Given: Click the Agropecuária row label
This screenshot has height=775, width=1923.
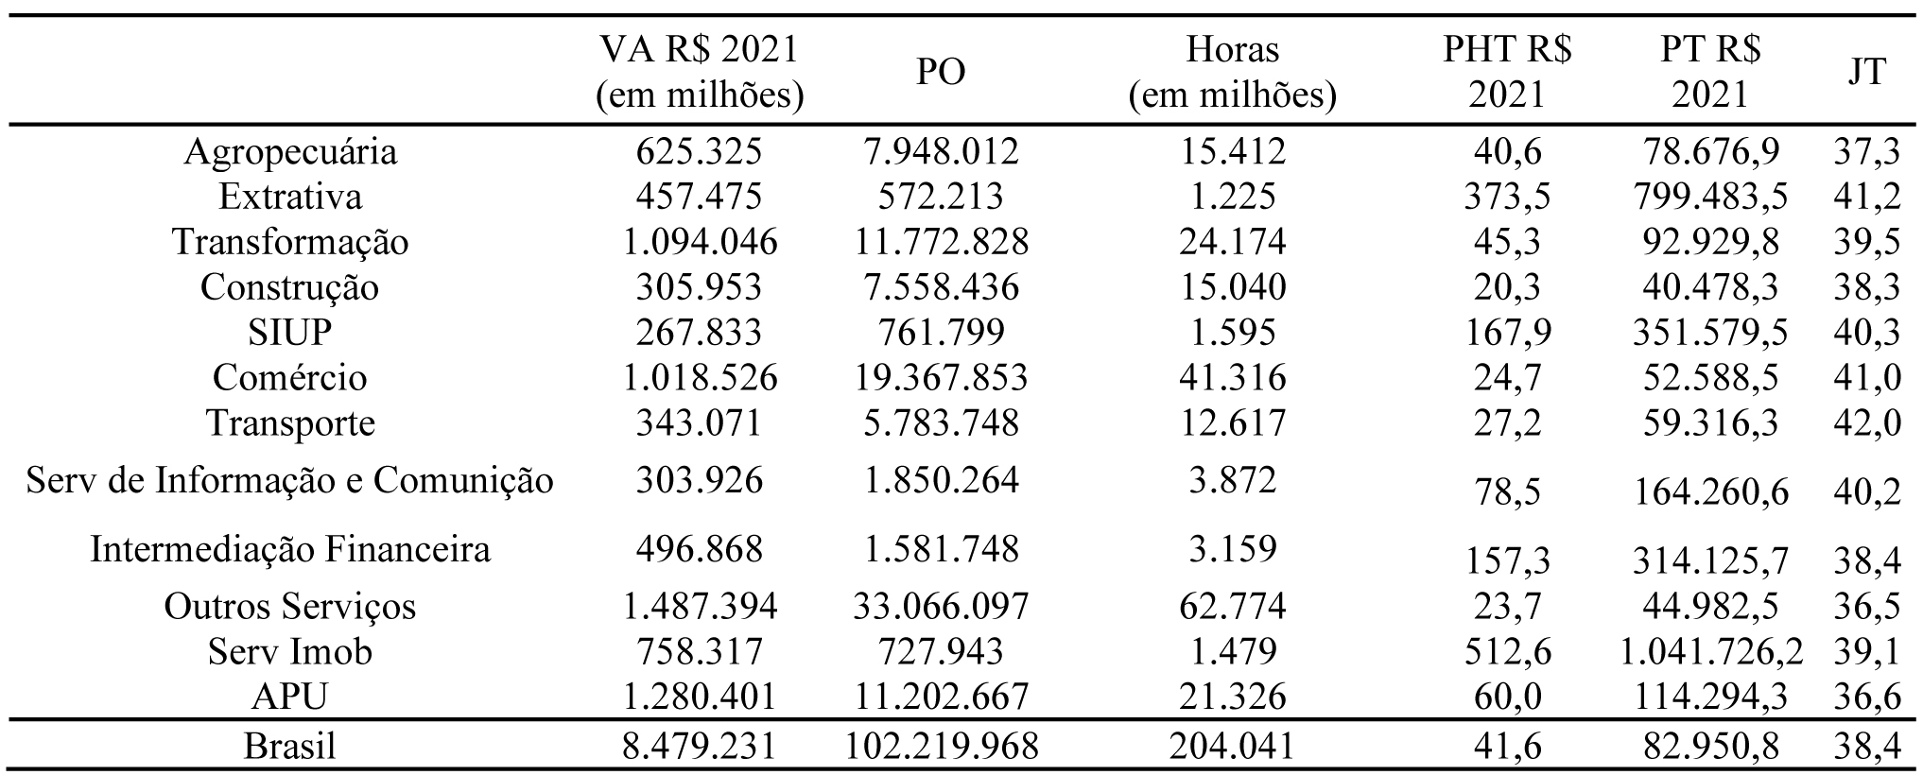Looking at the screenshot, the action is pyautogui.click(x=289, y=151).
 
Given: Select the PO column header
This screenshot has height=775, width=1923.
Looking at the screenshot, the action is pyautogui.click(x=941, y=72).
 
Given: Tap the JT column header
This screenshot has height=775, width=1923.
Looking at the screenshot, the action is pyautogui.click(x=1866, y=72).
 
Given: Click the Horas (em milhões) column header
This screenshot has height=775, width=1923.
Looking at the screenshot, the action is pyautogui.click(x=1232, y=73).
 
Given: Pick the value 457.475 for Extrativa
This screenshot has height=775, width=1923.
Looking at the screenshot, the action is pyautogui.click(x=700, y=197).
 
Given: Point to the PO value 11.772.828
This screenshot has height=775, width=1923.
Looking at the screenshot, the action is pyautogui.click(x=941, y=242).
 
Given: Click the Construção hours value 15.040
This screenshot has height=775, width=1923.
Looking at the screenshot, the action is pyautogui.click(x=1232, y=287).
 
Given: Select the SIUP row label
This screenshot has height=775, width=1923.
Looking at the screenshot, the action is pyautogui.click(x=289, y=333).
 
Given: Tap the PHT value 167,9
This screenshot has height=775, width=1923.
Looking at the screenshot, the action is pyautogui.click(x=1507, y=333).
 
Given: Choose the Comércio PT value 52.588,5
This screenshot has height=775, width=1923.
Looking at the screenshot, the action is pyautogui.click(x=1710, y=378).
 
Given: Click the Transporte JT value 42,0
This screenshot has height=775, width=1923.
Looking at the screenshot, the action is pyautogui.click(x=1867, y=423).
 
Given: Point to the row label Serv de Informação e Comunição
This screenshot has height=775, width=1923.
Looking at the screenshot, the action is pyautogui.click(x=289, y=481).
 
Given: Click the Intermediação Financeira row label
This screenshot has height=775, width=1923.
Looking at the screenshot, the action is pyautogui.click(x=289, y=549).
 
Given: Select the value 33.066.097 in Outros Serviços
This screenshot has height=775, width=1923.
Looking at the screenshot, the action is pyautogui.click(x=941, y=606).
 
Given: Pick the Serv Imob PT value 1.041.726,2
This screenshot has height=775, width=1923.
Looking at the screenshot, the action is pyautogui.click(x=1710, y=651).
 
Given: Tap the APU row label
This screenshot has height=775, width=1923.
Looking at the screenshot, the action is pyautogui.click(x=289, y=697).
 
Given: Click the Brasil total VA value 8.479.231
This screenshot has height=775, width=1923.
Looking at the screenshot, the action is pyautogui.click(x=700, y=746).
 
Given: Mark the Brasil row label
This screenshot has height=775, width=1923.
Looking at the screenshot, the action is pyautogui.click(x=289, y=746).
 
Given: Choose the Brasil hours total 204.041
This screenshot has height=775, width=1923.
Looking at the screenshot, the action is pyautogui.click(x=1232, y=746).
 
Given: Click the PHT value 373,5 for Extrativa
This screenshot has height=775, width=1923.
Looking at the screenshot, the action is pyautogui.click(x=1507, y=197).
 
